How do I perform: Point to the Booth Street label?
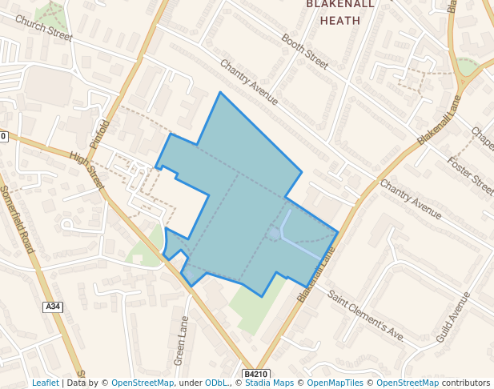[305, 51]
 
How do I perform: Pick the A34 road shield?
[53, 307]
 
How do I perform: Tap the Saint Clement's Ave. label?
[367, 315]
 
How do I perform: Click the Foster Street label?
[472, 175]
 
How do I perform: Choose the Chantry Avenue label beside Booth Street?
[248, 82]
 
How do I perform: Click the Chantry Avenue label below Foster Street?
[411, 199]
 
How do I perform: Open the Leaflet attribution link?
[45, 383]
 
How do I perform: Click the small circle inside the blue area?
[274, 233]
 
